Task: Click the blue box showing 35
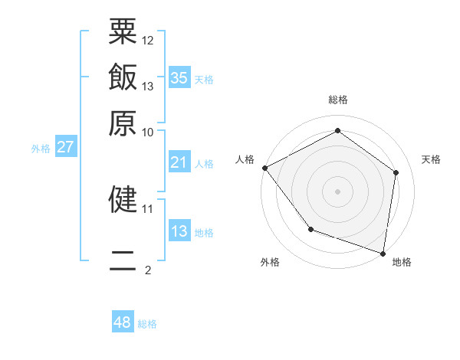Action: pyautogui.click(x=179, y=78)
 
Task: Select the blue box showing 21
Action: pyautogui.click(x=179, y=162)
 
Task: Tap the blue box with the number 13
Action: pyautogui.click(x=179, y=231)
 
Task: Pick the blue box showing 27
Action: pyautogui.click(x=65, y=147)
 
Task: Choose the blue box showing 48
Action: pyautogui.click(x=123, y=322)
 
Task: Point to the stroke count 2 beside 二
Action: pyautogui.click(x=148, y=270)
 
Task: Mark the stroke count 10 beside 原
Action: pyautogui.click(x=148, y=132)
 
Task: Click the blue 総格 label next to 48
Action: pyautogui.click(x=147, y=324)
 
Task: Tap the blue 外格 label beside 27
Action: pyautogui.click(x=40, y=149)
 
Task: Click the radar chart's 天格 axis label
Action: pyautogui.click(x=431, y=159)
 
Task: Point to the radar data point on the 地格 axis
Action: pyautogui.click(x=383, y=253)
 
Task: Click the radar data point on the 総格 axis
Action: pyautogui.click(x=337, y=131)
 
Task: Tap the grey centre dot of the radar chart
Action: pyautogui.click(x=337, y=191)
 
